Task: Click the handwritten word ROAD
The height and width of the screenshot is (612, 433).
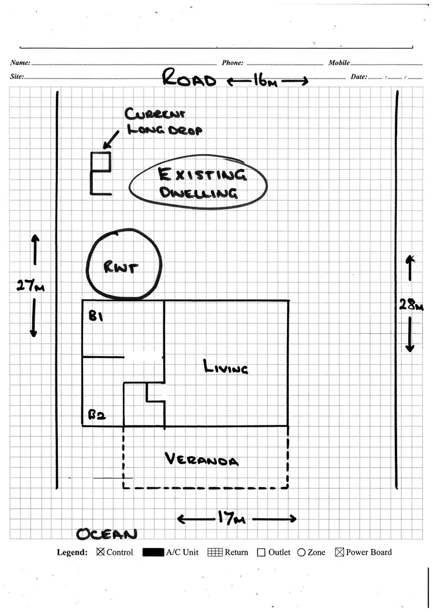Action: click(189, 78)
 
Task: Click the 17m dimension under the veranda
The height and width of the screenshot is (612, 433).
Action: click(232, 518)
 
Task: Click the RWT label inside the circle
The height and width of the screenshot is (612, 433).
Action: click(120, 267)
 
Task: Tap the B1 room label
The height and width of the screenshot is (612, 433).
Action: click(96, 316)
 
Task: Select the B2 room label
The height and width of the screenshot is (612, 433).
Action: click(96, 414)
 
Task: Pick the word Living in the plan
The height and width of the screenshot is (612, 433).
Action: click(226, 367)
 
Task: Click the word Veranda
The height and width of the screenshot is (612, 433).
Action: click(201, 460)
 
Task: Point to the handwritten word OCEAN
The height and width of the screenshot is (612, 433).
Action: click(107, 534)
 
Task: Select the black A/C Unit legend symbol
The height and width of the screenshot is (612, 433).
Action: click(152, 553)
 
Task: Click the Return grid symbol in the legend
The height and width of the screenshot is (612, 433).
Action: click(215, 553)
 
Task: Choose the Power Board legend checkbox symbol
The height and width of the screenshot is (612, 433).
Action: click(339, 553)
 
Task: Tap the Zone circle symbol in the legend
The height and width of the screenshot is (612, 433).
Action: click(301, 553)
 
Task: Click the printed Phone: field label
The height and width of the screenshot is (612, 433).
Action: click(232, 63)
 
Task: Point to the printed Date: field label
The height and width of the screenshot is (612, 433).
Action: click(358, 76)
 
